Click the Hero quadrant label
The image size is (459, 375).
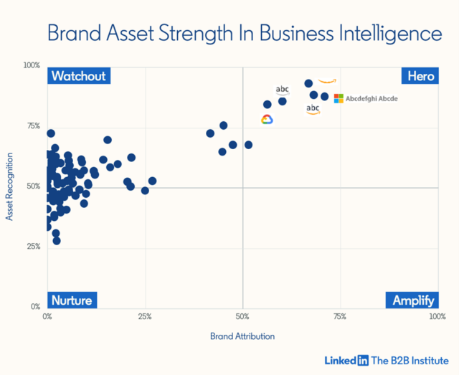[420, 76]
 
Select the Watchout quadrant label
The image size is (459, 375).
[79, 76]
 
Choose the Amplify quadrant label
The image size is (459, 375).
[412, 300]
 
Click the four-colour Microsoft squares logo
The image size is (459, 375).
[339, 98]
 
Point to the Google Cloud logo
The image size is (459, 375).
[268, 120]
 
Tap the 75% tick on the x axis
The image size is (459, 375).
[341, 316]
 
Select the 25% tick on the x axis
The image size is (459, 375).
[146, 316]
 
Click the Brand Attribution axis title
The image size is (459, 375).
[242, 336]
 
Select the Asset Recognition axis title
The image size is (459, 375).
[11, 186]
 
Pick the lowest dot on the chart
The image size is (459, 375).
[57, 241]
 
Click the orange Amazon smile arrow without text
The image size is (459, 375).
[327, 81]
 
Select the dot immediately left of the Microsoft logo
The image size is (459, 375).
[325, 97]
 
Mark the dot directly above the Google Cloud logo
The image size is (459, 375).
[268, 105]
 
